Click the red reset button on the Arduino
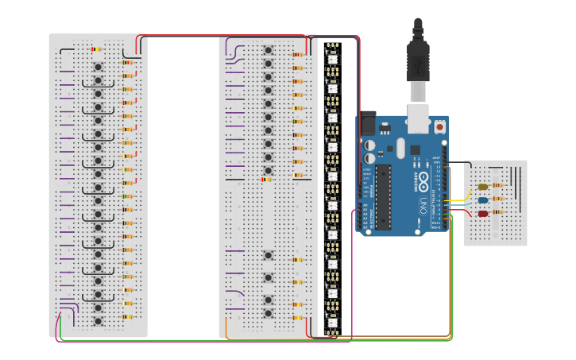pyautogui.click(x=439, y=126)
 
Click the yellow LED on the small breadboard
pyautogui.click(x=482, y=187)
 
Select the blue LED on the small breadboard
pyautogui.click(x=482, y=200)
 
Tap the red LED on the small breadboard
pyautogui.click(x=482, y=213)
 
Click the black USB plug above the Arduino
pyautogui.click(x=418, y=60)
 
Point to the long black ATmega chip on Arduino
pyautogui.click(x=384, y=196)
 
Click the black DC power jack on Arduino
pyautogui.click(x=368, y=122)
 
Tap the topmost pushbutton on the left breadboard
pyautogui.click(x=98, y=67)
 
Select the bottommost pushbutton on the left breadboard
pyautogui.click(x=98, y=321)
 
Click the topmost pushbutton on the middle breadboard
pyautogui.click(x=269, y=50)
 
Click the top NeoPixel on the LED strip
pyautogui.click(x=332, y=56)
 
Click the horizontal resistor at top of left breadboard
pyautogui.click(x=95, y=49)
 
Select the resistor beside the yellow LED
pyautogui.click(x=498, y=187)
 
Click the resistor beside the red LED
pyautogui.click(x=498, y=213)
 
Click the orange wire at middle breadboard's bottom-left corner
pyautogui.click(x=226, y=327)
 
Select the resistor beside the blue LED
pyautogui.click(x=498, y=200)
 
